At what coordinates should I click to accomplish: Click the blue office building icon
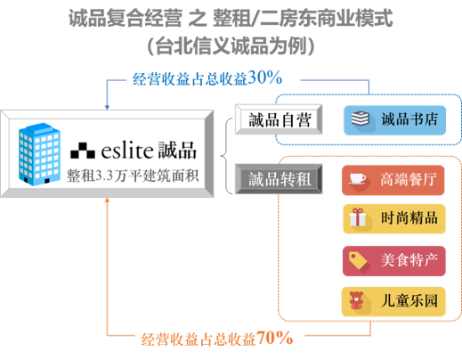pyautogui.click(x=39, y=154)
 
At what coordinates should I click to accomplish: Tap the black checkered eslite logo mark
pyautogui.click(x=83, y=151)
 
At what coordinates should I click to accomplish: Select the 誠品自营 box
pyautogui.click(x=279, y=119)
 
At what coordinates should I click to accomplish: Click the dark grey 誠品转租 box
pyautogui.click(x=279, y=179)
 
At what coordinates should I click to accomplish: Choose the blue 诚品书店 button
pyautogui.click(x=394, y=120)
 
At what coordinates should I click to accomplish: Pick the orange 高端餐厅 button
pyautogui.click(x=393, y=180)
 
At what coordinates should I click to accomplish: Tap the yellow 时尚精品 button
pyautogui.click(x=394, y=218)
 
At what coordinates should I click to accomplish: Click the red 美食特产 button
pyautogui.click(x=394, y=261)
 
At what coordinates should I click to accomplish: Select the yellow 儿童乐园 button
pyautogui.click(x=393, y=301)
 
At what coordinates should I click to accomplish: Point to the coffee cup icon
pyautogui.click(x=357, y=179)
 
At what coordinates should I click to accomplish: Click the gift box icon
pyautogui.click(x=358, y=217)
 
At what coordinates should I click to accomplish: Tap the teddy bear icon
pyautogui.click(x=356, y=300)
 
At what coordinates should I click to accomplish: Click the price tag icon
pyautogui.click(x=358, y=260)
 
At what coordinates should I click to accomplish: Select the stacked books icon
pyautogui.click(x=361, y=119)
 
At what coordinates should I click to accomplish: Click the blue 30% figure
pyautogui.click(x=265, y=78)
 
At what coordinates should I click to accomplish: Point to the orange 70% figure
pyautogui.click(x=274, y=338)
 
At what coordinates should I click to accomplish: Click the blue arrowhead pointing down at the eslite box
pyautogui.click(x=107, y=107)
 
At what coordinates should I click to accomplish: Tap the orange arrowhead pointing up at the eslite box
pyautogui.click(x=107, y=200)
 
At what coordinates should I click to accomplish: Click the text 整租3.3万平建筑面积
pyautogui.click(x=133, y=176)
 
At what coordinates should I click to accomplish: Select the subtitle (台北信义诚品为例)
pyautogui.click(x=231, y=46)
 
